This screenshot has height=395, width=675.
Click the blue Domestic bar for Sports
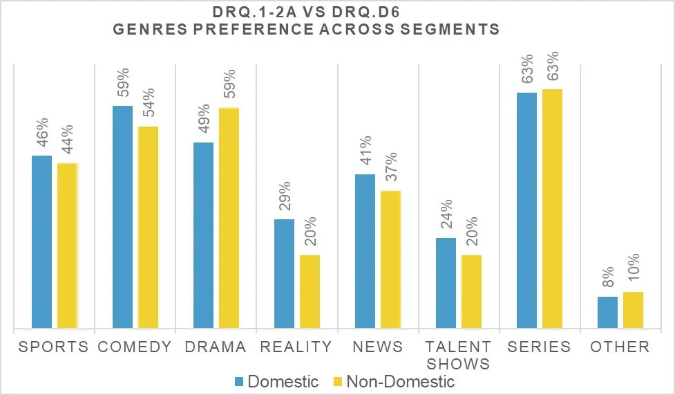pos(41,241)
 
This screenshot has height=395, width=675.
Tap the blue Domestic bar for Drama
pos(203,235)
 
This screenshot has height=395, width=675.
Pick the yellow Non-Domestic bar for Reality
pos(310,291)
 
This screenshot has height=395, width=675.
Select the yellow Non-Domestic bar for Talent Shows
pos(471,291)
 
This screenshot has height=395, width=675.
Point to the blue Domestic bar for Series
pos(526,210)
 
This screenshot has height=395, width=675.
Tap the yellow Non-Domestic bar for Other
pos(633,309)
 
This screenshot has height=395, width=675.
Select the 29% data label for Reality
pos(285,197)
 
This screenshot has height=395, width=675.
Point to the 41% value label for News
pos(365,153)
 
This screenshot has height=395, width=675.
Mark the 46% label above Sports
pos(42,134)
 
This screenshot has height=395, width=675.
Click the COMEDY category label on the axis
pos(135,347)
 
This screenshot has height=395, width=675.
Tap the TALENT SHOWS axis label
pos(458,355)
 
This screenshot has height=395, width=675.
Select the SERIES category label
pos(539,347)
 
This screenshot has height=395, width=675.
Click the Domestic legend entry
pos(276,381)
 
